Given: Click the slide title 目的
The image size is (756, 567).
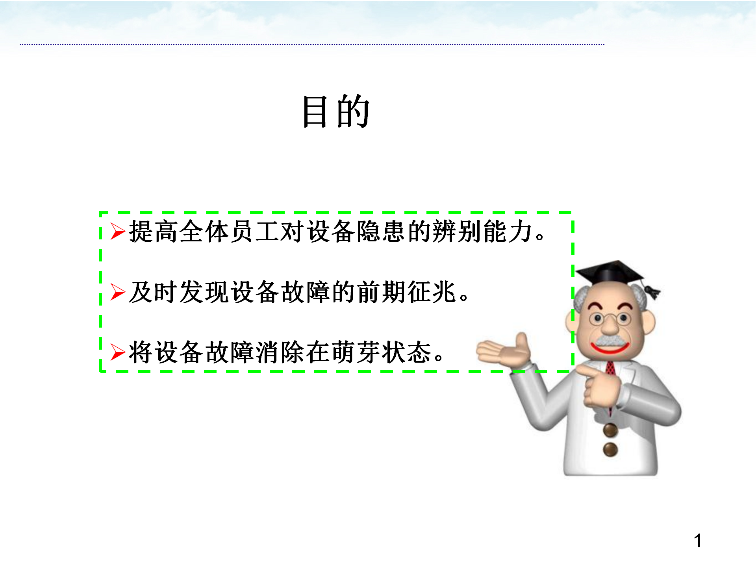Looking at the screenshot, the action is pos(336,111).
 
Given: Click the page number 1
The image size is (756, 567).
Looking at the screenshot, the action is pos(698,541).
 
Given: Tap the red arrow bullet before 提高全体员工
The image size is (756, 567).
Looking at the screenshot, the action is pos(118,231).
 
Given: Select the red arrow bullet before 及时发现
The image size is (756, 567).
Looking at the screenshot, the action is pos(118,292).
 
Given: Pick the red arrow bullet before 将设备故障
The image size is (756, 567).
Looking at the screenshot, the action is pos(118,352).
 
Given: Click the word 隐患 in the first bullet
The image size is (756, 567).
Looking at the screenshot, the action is pos(380,231).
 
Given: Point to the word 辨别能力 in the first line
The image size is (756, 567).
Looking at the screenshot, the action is pos(482,231).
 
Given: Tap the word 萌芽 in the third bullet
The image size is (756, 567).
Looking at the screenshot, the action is pos(356,352).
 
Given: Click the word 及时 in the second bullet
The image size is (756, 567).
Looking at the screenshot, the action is pos(153,292).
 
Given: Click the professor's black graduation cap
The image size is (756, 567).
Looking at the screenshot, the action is pos(610,272).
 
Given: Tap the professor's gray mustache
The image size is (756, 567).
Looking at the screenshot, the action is pos(610,341).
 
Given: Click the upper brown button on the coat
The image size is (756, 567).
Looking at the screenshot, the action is pos(610,430).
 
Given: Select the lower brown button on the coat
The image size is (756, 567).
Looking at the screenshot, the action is pos(610,449).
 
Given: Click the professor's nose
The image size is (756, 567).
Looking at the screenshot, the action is pos(610,326).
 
